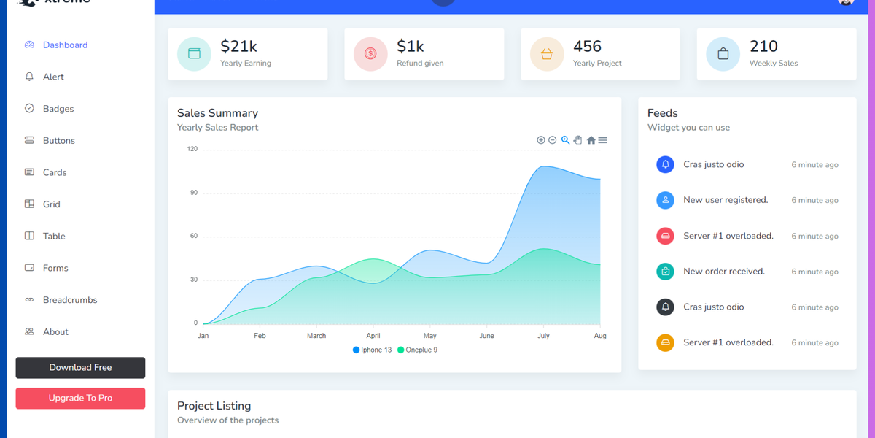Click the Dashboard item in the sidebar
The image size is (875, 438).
(65, 45)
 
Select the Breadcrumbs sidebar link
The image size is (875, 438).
(69, 300)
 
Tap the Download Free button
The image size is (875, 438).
(80, 368)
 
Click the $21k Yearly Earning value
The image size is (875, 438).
(238, 47)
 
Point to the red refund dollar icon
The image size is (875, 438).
(370, 54)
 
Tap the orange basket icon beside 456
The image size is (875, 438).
(547, 54)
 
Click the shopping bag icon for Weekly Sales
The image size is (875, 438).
(723, 54)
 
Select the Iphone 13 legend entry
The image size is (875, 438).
(373, 350)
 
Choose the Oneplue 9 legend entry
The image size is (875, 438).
(418, 350)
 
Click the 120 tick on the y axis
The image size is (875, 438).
(192, 149)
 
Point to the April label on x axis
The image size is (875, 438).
(373, 336)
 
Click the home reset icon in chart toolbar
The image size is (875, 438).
(591, 140)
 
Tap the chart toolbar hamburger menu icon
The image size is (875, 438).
(603, 140)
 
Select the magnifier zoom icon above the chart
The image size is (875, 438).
(565, 140)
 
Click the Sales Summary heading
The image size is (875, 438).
(217, 113)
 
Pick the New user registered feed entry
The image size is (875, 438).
(725, 200)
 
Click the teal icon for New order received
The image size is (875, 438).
(665, 272)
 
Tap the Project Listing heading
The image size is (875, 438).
(214, 406)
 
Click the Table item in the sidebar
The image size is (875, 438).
(54, 237)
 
